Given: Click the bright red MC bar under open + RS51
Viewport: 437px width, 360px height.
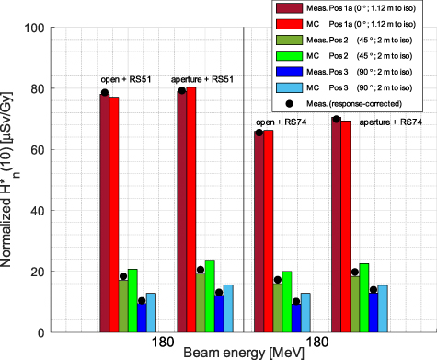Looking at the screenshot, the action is coord(114,215).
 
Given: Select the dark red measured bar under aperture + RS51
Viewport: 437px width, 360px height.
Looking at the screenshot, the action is coord(182,212).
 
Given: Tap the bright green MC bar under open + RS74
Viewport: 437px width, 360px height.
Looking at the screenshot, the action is coord(287,302).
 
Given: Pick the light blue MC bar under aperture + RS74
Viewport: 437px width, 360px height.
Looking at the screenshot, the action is coord(383,308).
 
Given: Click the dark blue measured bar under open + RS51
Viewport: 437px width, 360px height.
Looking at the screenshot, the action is coord(142,318).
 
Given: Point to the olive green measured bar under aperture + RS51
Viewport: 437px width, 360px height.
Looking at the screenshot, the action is coord(201,303).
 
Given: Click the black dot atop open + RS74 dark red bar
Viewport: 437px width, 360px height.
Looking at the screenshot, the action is coord(259,133).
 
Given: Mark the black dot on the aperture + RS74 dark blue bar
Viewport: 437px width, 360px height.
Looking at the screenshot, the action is coord(374,290).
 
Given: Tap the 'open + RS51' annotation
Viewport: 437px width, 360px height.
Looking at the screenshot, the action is coord(126,79).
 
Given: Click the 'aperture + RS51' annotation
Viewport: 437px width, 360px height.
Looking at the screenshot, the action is coord(202,79).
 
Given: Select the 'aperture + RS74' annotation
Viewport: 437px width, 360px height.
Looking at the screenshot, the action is coord(391,122).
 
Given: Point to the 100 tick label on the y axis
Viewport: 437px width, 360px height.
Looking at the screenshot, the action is coord(34,28).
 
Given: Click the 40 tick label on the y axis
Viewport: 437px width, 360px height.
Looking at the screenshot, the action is coord(38,211).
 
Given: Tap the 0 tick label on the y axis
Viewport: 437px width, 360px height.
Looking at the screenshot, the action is coord(41,332).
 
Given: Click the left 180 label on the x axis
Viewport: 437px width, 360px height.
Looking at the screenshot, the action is coord(163,342).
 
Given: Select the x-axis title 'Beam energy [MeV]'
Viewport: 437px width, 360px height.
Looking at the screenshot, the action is coord(244,353).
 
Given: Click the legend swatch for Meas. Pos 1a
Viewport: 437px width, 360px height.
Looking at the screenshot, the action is coord(289,8).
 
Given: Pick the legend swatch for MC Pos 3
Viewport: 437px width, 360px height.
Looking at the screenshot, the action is coord(289,87).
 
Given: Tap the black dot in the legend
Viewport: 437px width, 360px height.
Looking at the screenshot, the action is coord(289,104).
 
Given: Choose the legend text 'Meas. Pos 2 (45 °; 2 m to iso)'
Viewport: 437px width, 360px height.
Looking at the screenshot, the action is coord(360,41).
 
